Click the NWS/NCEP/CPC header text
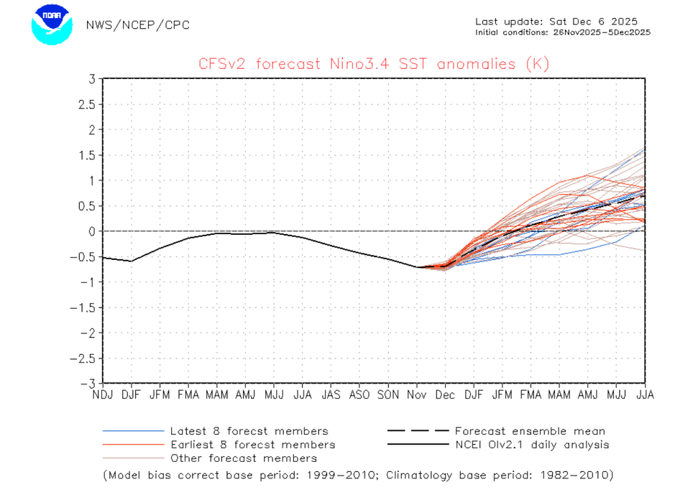click(x=137, y=25)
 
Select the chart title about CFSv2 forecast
click(x=374, y=64)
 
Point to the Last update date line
click(x=556, y=22)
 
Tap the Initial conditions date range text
click(x=563, y=32)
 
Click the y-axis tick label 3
click(x=92, y=79)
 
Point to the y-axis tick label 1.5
click(x=87, y=155)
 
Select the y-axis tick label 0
click(x=92, y=231)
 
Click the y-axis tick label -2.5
click(x=83, y=358)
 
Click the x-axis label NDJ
click(x=103, y=395)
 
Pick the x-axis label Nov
click(x=417, y=395)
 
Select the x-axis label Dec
click(x=445, y=395)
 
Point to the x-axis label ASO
click(x=359, y=395)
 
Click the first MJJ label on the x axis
click(x=274, y=395)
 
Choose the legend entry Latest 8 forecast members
click(x=249, y=431)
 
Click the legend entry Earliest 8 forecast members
click(x=252, y=445)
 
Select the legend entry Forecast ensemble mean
click(x=529, y=431)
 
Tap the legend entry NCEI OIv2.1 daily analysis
click(x=531, y=445)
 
